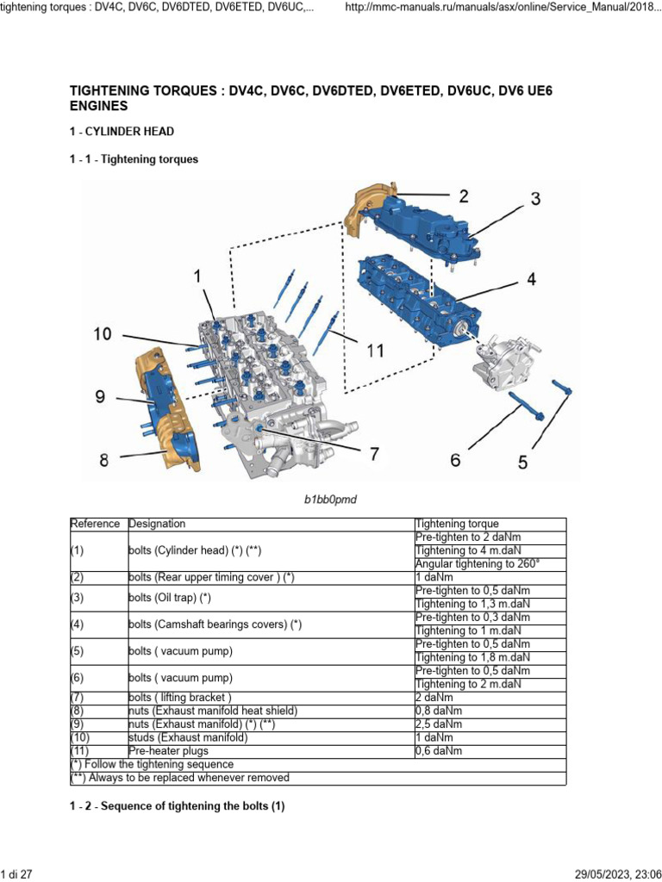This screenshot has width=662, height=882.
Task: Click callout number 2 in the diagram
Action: click(x=463, y=196)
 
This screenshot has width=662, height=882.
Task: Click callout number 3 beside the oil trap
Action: click(x=535, y=199)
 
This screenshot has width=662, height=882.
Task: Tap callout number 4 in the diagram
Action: click(x=532, y=279)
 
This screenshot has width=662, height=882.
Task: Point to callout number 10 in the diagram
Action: click(x=103, y=333)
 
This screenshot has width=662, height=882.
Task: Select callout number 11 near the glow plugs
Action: click(x=375, y=351)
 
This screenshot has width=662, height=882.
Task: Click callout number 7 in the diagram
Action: click(x=373, y=453)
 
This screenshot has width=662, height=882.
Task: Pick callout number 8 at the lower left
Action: click(x=103, y=460)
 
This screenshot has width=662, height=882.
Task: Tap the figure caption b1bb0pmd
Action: click(x=330, y=500)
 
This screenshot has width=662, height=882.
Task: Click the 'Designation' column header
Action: click(x=157, y=524)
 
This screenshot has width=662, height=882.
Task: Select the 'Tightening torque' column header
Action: click(x=457, y=524)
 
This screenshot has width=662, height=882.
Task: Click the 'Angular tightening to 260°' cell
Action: click(x=478, y=564)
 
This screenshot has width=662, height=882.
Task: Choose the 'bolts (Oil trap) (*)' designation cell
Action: click(x=170, y=598)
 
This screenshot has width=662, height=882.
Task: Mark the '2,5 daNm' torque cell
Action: click(x=439, y=724)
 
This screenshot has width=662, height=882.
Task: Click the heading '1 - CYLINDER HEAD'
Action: click(x=122, y=132)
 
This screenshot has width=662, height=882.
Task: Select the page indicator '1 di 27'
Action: click(x=16, y=874)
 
